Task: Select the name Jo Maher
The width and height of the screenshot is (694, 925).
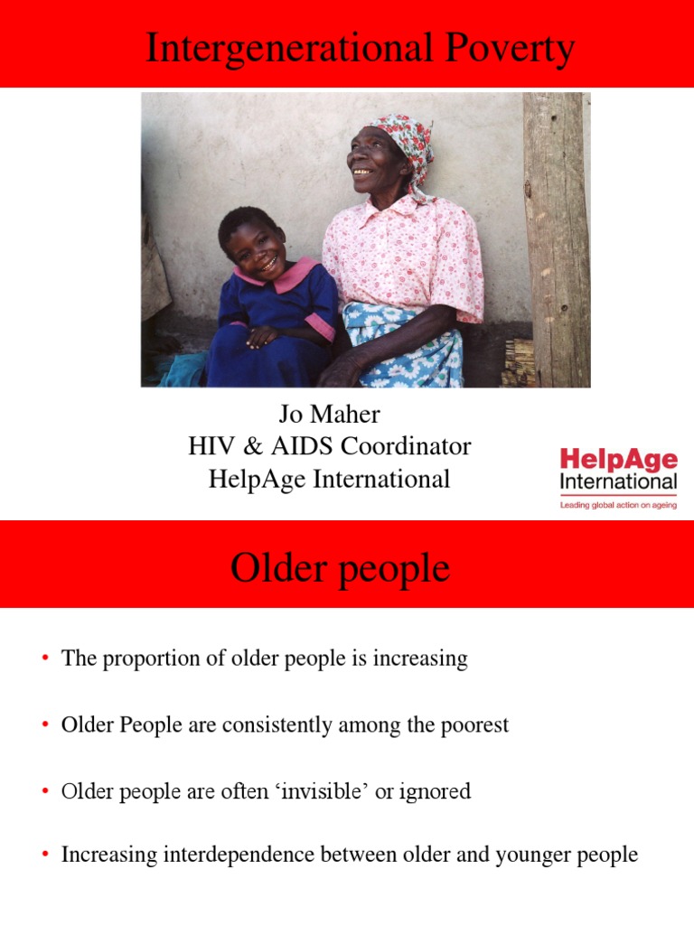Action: coord(329,415)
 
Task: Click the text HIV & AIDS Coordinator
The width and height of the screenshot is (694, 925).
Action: coord(329,446)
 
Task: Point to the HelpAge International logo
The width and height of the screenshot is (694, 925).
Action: coord(617,471)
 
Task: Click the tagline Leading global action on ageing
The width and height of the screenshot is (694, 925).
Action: coord(617,506)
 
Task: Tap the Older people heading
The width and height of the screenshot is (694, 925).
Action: coord(340,569)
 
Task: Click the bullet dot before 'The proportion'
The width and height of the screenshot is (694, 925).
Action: coord(43,659)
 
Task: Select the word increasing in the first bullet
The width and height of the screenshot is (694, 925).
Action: coord(423,659)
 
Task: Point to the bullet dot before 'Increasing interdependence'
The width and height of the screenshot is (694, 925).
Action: coord(43,855)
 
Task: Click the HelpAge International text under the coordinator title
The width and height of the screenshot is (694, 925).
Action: coord(329,479)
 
